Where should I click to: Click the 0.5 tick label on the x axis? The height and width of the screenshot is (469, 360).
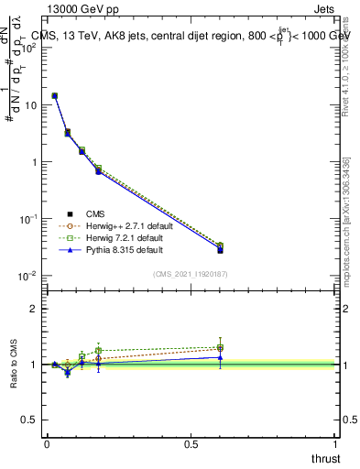(191, 444)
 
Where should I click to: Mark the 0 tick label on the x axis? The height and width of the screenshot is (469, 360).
(47, 444)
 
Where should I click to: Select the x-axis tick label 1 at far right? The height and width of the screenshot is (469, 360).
(336, 444)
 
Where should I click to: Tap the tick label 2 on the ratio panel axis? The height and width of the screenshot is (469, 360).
(34, 309)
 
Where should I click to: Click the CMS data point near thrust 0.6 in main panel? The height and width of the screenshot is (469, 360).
(220, 250)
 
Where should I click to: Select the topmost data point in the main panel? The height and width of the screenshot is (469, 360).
(55, 95)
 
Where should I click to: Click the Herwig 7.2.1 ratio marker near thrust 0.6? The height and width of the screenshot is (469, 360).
(220, 346)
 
